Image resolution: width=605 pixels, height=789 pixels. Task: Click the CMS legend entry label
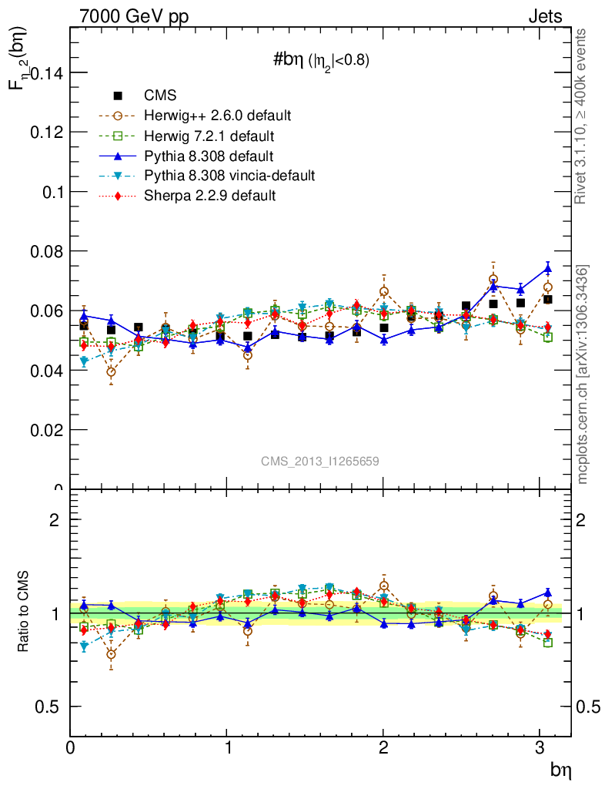tap(160, 96)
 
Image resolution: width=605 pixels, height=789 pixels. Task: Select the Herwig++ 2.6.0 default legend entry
tap(217, 116)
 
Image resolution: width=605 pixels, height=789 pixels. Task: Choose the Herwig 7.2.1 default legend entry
tap(209, 136)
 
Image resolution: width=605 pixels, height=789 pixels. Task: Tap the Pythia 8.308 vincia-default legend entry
tap(229, 176)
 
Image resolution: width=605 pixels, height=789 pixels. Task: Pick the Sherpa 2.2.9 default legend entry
tap(209, 196)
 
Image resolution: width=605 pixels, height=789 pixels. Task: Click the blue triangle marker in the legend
tap(119, 156)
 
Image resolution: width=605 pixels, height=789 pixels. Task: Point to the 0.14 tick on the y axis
tap(45, 72)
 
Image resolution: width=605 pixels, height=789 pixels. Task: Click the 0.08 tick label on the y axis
tap(45, 251)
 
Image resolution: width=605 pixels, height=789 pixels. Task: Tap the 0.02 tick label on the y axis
tap(45, 430)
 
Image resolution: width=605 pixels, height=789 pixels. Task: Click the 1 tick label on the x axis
tap(227, 747)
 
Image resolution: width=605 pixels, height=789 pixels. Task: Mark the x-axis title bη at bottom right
tap(560, 769)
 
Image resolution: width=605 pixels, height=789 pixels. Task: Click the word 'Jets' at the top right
tap(544, 16)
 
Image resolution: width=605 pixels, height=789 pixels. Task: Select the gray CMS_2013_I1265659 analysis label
tap(319, 461)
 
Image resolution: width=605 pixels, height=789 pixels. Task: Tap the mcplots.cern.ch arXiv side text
tap(583, 374)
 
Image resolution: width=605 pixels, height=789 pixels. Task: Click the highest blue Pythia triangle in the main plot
tap(547, 268)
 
